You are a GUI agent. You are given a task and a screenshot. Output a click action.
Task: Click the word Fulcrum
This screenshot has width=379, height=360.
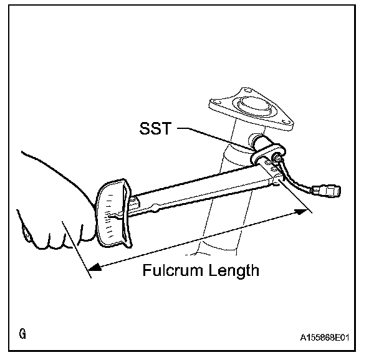[173, 271]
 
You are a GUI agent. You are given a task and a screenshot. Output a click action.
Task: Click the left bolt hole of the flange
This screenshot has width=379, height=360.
[219, 103]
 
